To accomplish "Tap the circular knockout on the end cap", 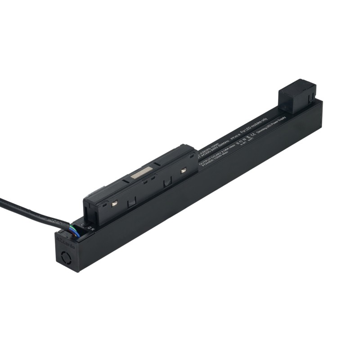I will click(63, 259).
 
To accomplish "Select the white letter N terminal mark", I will click(93, 229).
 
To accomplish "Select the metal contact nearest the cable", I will click(115, 203).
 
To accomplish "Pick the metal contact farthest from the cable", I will click(184, 170).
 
